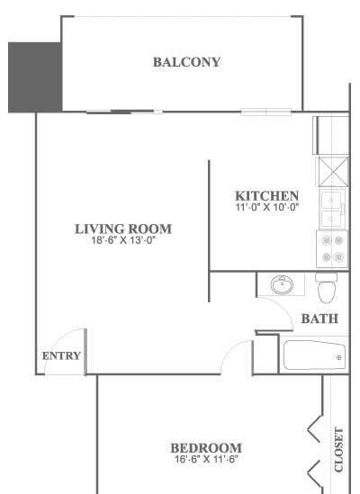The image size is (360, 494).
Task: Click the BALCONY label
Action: pyautogui.click(x=186, y=62)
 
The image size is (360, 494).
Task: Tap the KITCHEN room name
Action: pyautogui.click(x=267, y=196)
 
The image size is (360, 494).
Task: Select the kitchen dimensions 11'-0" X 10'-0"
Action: pyautogui.click(x=267, y=207)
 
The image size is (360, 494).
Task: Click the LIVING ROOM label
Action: pyautogui.click(x=123, y=229)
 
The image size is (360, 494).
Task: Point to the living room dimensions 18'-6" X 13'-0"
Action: pyautogui.click(x=124, y=240)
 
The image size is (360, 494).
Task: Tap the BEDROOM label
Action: pyautogui.click(x=206, y=448)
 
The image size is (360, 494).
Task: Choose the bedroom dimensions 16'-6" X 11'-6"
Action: pyautogui.click(x=206, y=459)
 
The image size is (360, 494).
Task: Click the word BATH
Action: pyautogui.click(x=319, y=319)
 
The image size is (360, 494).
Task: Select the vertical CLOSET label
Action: pyautogui.click(x=338, y=450)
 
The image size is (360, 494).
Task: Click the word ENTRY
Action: pyautogui.click(x=61, y=356)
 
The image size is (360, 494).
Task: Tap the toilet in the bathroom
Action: pyautogui.click(x=327, y=288)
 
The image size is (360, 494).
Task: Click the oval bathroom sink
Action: pyautogui.click(x=282, y=285)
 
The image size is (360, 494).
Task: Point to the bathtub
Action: pyautogui.click(x=314, y=355)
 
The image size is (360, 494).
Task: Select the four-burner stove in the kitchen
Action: pyautogui.click(x=332, y=249)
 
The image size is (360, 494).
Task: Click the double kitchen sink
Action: pyautogui.click(x=331, y=209)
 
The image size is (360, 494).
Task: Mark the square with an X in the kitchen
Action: pyautogui.click(x=334, y=172)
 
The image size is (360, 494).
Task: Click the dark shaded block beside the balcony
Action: pyautogui.click(x=35, y=77)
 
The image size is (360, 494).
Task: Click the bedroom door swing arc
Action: pyautogui.click(x=229, y=350)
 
